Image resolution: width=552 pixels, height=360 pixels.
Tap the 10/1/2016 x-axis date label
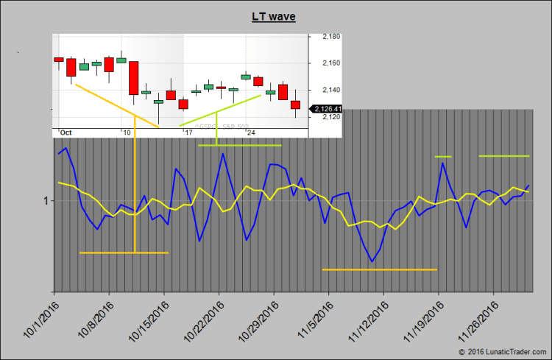point(40,321)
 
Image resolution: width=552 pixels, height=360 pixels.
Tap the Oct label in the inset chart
point(66,133)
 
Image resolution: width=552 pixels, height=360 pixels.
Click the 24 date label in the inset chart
point(251,133)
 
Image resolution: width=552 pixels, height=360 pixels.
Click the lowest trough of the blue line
point(372,261)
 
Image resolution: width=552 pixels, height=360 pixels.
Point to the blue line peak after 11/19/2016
point(443,163)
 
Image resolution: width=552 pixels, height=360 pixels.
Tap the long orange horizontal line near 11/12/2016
point(380,269)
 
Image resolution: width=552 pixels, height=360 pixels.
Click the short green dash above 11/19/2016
point(443,156)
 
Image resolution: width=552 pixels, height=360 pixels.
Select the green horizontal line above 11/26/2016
point(504,156)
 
